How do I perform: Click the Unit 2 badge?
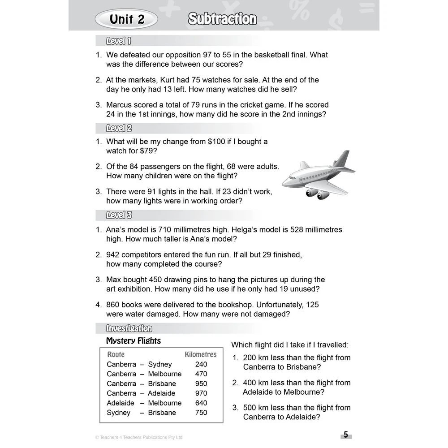click(x=127, y=19)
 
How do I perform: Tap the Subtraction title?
click(x=222, y=19)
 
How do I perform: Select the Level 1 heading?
click(x=118, y=41)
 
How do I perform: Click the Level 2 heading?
click(x=119, y=129)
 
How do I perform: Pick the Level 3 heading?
click(x=119, y=215)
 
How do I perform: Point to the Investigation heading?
click(x=129, y=328)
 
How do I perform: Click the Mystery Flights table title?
click(x=133, y=341)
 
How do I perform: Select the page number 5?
click(x=345, y=435)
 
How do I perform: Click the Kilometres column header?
click(x=200, y=354)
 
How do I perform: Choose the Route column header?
click(x=116, y=354)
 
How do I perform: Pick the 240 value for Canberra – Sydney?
click(x=201, y=364)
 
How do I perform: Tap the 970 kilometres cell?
click(x=201, y=393)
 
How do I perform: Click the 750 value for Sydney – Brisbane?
click(x=201, y=413)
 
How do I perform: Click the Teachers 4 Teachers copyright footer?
click(x=139, y=437)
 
